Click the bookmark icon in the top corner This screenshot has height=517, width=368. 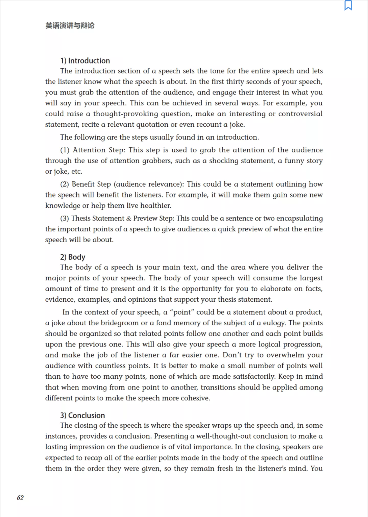[348, 6]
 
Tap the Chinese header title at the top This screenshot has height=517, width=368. [70, 26]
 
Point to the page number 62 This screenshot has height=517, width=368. [20, 498]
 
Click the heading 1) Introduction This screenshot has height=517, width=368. [85, 61]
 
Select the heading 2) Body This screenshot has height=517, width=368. [73, 257]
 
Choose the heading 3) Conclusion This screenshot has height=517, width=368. [83, 415]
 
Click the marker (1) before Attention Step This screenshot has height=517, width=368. [65, 150]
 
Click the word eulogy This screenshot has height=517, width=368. [275, 323]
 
